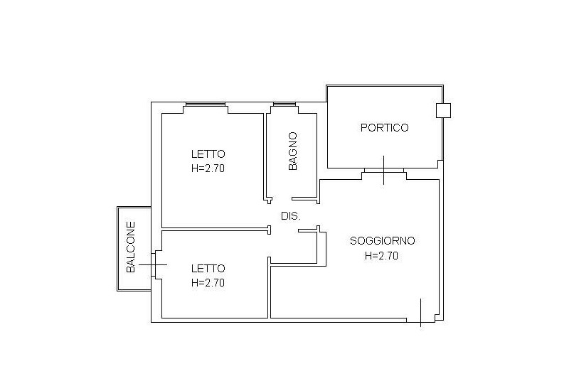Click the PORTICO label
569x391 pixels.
384,128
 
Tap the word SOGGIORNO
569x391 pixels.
382,240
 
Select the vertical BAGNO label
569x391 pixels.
292,151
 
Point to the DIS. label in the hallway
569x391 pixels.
290,215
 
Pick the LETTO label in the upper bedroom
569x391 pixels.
208,154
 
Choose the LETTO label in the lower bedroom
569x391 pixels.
208,268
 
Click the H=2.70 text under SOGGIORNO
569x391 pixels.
381,256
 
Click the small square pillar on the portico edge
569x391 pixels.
443,110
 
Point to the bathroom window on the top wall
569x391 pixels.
284,105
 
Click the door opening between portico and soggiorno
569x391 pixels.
384,171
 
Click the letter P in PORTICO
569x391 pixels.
363,128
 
